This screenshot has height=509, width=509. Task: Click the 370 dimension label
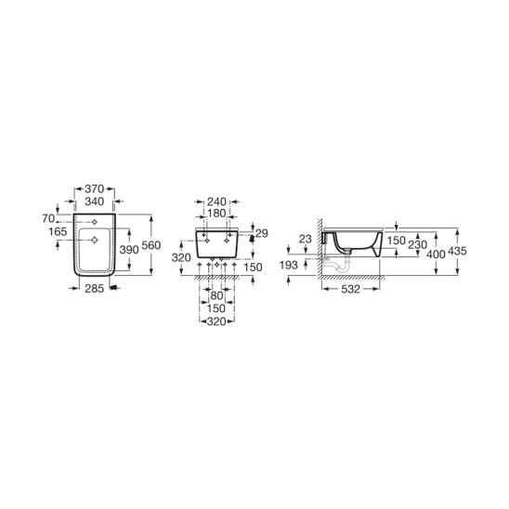click(x=94, y=189)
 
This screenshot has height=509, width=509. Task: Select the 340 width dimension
click(x=94, y=202)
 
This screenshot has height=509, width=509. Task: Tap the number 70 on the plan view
click(x=48, y=219)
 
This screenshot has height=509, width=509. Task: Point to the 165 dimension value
click(x=58, y=231)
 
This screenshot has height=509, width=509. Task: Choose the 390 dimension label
click(x=129, y=249)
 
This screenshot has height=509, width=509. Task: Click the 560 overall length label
click(x=151, y=245)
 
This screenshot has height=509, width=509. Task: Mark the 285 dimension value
click(x=94, y=288)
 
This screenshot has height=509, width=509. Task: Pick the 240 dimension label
click(x=216, y=202)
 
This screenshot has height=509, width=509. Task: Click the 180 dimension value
click(x=216, y=214)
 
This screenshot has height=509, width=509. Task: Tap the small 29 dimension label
click(x=262, y=233)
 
